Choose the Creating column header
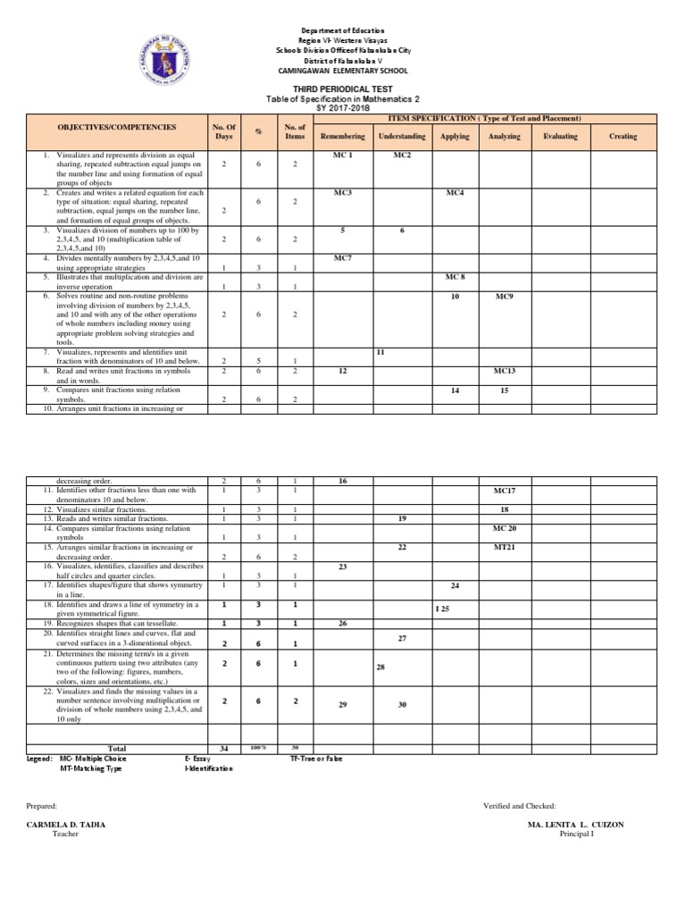pyautogui.click(x=623, y=137)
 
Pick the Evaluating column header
pyautogui.click(x=560, y=137)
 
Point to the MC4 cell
pyautogui.click(x=456, y=193)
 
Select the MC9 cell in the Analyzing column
pyautogui.click(x=505, y=296)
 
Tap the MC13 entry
pyautogui.click(x=505, y=370)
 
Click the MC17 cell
pyautogui.click(x=505, y=491)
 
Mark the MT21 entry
pyautogui.click(x=505, y=546)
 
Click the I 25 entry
pyautogui.click(x=442, y=608)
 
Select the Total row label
pyautogui.click(x=118, y=748)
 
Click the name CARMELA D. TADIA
pyautogui.click(x=66, y=825)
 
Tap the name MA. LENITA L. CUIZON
pyautogui.click(x=576, y=825)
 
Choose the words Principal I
pyautogui.click(x=576, y=835)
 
